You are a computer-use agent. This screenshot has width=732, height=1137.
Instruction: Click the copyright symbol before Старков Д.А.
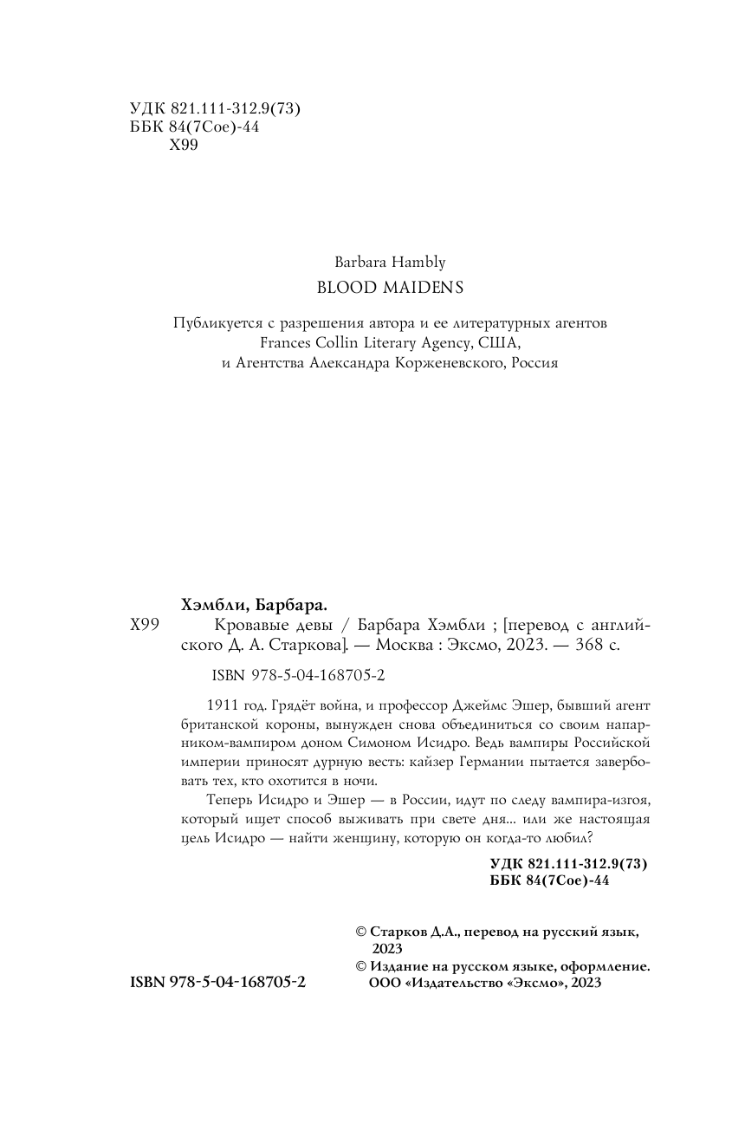(x=362, y=932)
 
